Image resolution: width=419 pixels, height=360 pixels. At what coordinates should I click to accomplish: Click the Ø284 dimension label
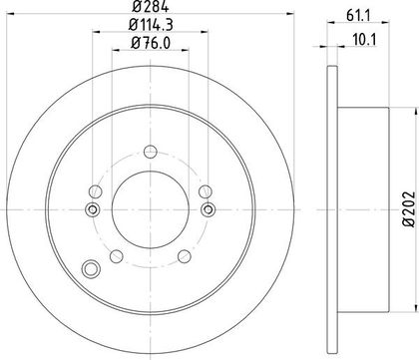coord(151,6)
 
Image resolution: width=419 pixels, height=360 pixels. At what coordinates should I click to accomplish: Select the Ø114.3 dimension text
coord(151,25)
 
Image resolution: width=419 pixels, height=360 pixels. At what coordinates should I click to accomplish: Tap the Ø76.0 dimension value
coord(151,43)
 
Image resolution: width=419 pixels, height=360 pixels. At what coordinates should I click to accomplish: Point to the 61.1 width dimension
coord(358,16)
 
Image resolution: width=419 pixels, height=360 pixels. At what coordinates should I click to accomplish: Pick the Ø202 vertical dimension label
coord(409,209)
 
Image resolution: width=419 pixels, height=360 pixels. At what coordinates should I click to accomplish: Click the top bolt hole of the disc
coord(151,152)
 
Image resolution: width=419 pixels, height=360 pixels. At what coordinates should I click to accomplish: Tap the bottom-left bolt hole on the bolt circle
coord(117,256)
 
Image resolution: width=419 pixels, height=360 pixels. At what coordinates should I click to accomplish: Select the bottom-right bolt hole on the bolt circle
coord(185,256)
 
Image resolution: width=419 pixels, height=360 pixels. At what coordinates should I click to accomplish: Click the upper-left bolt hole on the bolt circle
coord(96,191)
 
